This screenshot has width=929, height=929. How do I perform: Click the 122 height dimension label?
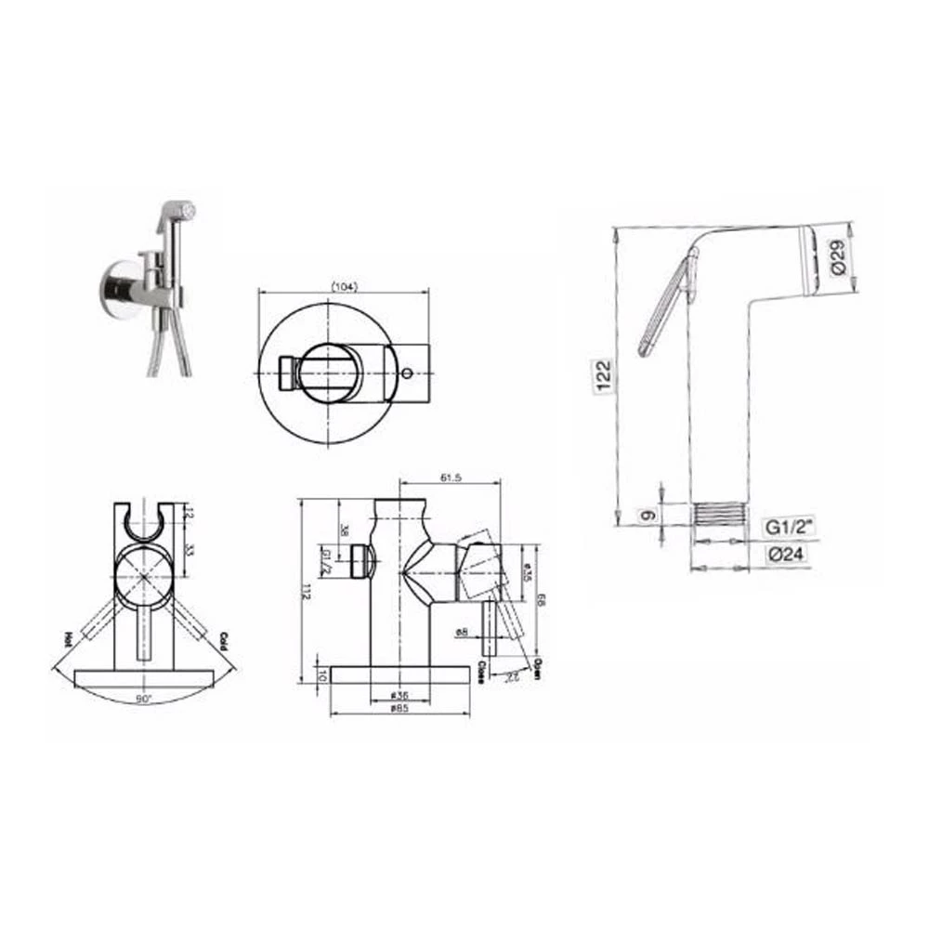pyautogui.click(x=603, y=376)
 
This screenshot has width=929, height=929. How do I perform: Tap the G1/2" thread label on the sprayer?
pyautogui.click(x=790, y=527)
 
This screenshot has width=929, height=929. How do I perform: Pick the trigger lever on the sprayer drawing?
pyautogui.click(x=666, y=306)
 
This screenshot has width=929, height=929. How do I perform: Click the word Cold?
pyautogui.click(x=223, y=641)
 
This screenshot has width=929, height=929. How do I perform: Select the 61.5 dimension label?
pyautogui.click(x=450, y=478)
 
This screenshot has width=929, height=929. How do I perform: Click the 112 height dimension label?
pyautogui.click(x=303, y=591)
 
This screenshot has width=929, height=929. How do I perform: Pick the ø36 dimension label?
pyautogui.click(x=399, y=694)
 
